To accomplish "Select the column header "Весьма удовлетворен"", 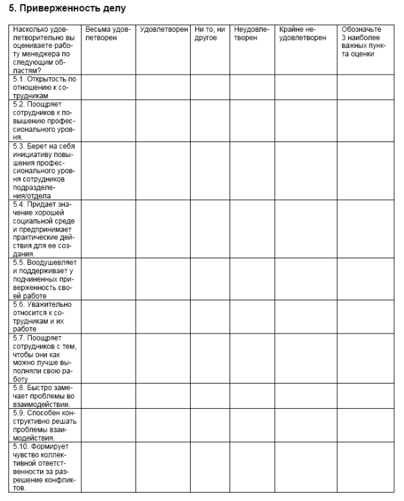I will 108,34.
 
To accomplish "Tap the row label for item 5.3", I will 44,170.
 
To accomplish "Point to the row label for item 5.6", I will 44,316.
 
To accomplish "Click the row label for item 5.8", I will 44,395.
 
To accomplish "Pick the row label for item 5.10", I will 44,467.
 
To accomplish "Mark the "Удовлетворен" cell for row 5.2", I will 163,121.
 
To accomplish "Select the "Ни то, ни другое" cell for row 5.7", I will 210,358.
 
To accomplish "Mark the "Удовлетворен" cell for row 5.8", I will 163,395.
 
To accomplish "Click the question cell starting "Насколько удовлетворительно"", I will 44,49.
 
